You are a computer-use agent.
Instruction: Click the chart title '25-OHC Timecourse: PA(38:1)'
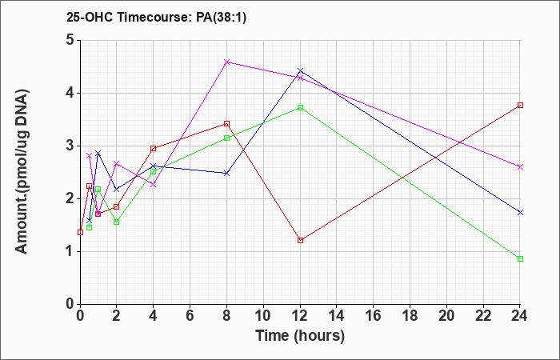tap(156, 18)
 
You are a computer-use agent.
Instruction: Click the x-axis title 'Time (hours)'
tap(300, 336)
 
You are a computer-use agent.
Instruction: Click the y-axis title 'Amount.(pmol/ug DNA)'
tap(22, 171)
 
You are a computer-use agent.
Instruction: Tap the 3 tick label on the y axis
tap(70, 146)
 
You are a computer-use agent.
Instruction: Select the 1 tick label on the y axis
tap(70, 251)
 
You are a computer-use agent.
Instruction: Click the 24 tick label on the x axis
tap(520, 316)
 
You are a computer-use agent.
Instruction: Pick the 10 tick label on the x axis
tap(263, 316)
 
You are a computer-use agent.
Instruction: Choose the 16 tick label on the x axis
tap(374, 316)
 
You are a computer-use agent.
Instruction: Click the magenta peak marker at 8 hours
tap(226, 62)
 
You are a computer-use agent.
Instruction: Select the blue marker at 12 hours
tap(300, 70)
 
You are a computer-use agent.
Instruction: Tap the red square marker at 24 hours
tap(520, 105)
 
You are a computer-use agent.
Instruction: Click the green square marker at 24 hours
tap(520, 258)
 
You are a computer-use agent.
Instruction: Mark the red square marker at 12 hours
tap(300, 240)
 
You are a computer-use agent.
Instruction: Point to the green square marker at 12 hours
tap(300, 107)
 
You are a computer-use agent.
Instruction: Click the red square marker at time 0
tap(80, 232)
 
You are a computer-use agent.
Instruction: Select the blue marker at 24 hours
tap(520, 212)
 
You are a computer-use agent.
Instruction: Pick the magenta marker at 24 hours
tap(520, 166)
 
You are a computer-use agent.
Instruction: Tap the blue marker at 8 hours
tap(226, 174)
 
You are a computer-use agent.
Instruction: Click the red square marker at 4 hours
tap(154, 149)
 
